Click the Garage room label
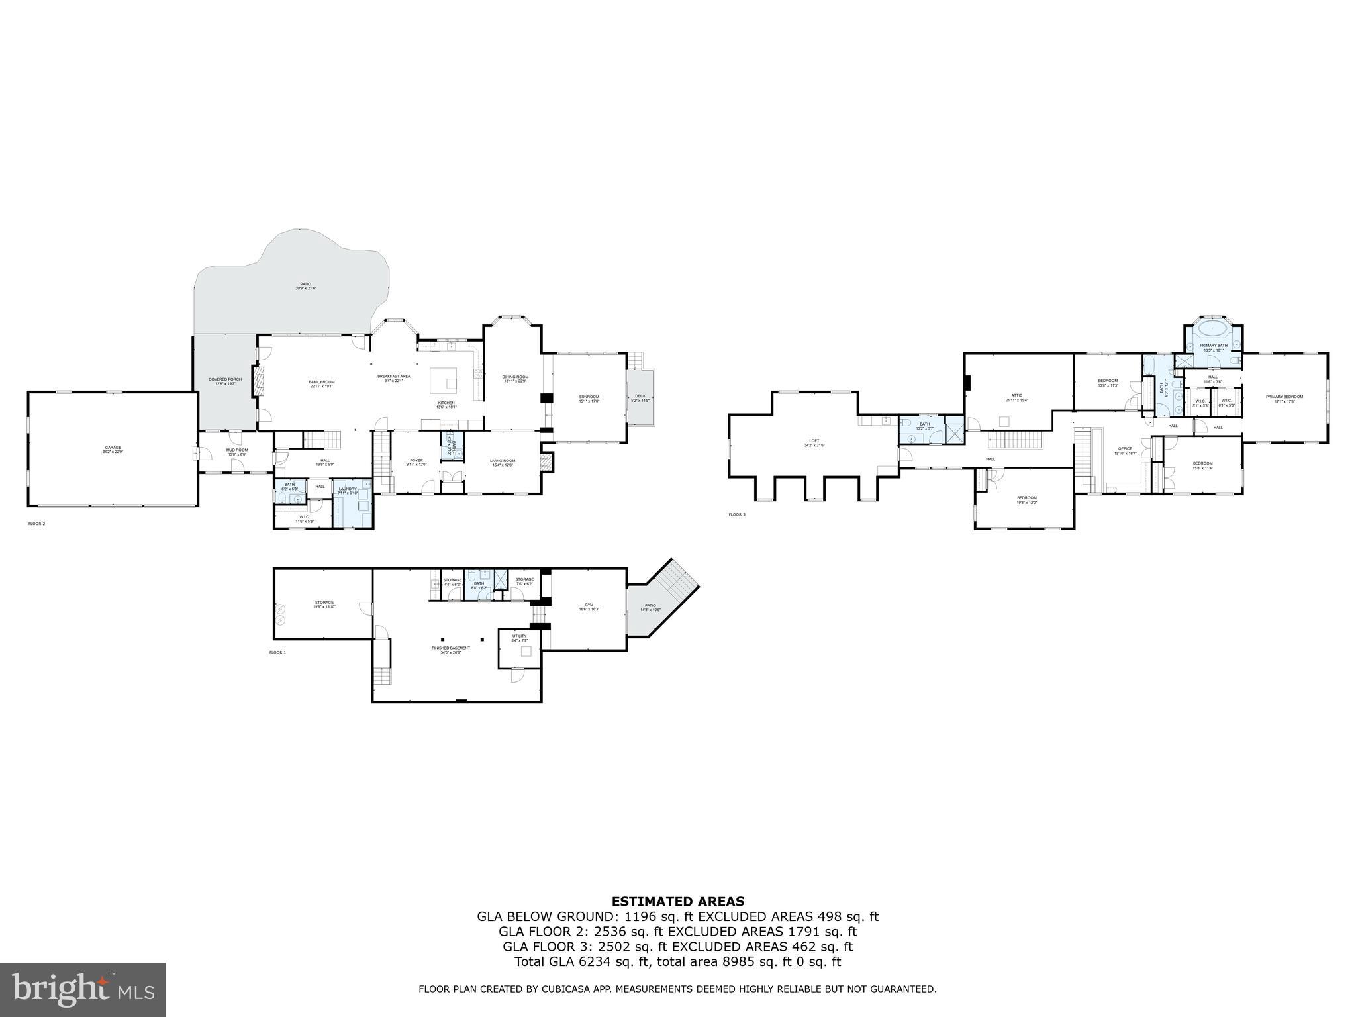coord(113,450)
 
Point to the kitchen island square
coord(444,381)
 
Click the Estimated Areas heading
coord(677,901)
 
